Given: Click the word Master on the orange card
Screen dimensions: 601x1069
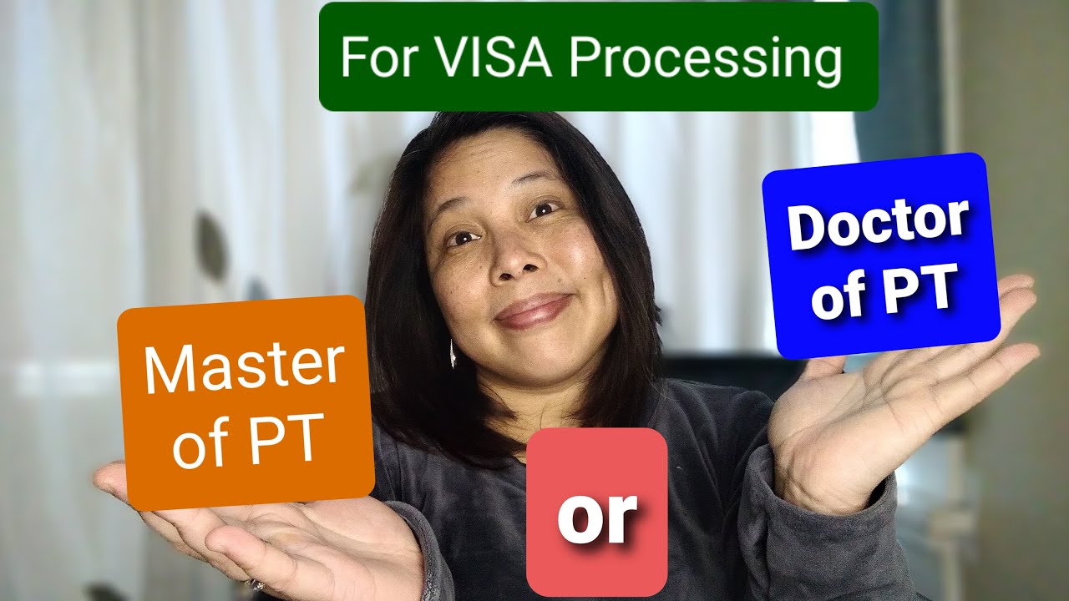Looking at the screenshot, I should click(x=244, y=368).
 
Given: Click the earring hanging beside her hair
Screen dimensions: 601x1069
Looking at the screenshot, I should click(x=452, y=354).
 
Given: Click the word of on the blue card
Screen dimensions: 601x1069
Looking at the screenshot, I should click(x=838, y=297).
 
